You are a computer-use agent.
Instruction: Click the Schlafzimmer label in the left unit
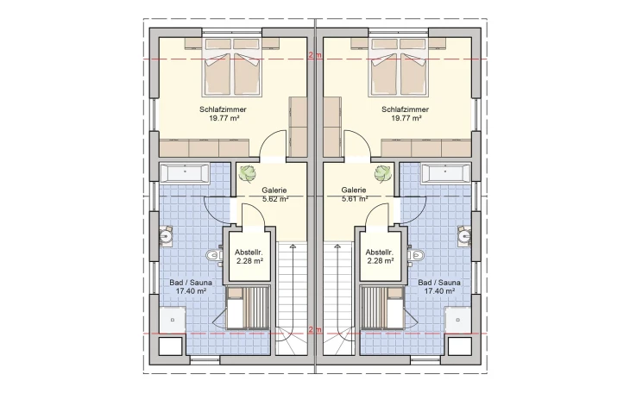pyautogui.click(x=223, y=109)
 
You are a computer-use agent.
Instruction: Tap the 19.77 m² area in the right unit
pyautogui.click(x=406, y=118)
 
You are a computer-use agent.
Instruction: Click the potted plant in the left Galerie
pyautogui.click(x=248, y=174)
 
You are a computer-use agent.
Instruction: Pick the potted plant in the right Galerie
pyautogui.click(x=383, y=174)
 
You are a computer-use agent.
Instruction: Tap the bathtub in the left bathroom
pyautogui.click(x=184, y=173)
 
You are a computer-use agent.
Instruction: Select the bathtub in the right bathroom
pyautogui.click(x=446, y=173)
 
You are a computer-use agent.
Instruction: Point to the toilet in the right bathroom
pyautogui.click(x=415, y=255)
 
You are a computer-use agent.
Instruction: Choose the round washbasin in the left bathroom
pyautogui.click(x=166, y=235)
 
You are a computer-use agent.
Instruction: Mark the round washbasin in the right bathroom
pyautogui.click(x=464, y=235)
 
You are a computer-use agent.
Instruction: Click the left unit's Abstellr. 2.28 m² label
pyautogui.click(x=249, y=257)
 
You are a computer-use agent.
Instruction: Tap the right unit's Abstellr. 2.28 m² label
pyautogui.click(x=380, y=257)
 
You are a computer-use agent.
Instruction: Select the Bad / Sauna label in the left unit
pyautogui.click(x=191, y=283)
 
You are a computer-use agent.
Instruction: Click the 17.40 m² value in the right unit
pyautogui.click(x=439, y=291)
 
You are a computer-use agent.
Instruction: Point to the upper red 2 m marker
pyautogui.click(x=315, y=56)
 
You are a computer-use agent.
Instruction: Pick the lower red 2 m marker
pyautogui.click(x=315, y=330)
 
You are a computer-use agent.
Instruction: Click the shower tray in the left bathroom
pyautogui.click(x=173, y=320)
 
